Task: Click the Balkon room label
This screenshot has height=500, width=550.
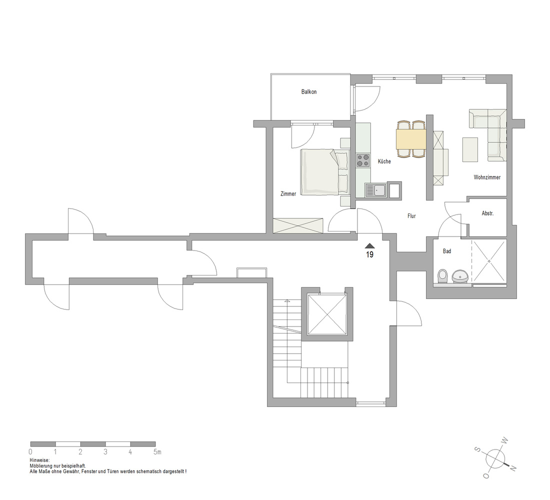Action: (308, 92)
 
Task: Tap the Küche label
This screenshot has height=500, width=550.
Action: (384, 161)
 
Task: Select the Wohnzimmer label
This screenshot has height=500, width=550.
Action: (487, 177)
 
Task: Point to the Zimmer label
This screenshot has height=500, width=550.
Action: (288, 193)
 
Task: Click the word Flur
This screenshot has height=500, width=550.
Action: (411, 216)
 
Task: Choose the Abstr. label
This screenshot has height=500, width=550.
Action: (487, 213)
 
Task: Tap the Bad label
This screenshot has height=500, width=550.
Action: (447, 251)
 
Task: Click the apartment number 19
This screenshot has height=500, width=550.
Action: (369, 254)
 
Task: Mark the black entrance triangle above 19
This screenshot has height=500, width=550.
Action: (369, 246)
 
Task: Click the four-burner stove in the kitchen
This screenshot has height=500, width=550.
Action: (363, 160)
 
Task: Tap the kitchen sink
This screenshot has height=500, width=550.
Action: (375, 190)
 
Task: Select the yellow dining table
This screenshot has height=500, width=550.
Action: (411, 138)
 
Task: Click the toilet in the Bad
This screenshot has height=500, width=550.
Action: (442, 276)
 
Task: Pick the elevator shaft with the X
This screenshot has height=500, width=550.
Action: (327, 314)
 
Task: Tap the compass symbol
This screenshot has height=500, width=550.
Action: (495, 458)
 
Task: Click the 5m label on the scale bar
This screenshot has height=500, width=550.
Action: (157, 452)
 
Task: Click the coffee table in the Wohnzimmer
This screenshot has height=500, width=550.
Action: (470, 149)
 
